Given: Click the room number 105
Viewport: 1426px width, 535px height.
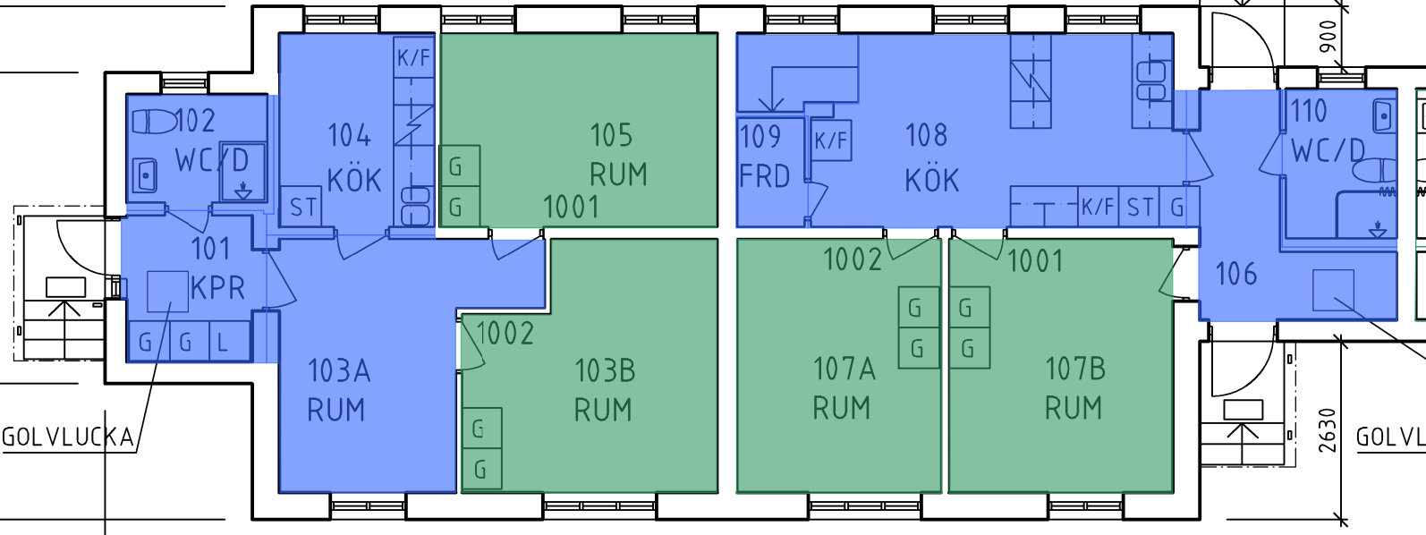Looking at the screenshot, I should pos(611,136).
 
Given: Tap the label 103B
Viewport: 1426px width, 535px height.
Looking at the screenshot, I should pos(604,370).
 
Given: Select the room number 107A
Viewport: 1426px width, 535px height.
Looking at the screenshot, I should pos(843,369).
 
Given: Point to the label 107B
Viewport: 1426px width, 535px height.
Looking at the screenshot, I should pos(1075,369).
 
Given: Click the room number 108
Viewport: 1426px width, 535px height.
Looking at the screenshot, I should pos(926,136).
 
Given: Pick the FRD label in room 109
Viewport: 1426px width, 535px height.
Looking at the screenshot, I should pos(765,176).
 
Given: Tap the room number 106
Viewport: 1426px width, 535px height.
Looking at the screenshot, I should pos(1236,274).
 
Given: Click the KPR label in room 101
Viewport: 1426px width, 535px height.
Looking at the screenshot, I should pos(217,288).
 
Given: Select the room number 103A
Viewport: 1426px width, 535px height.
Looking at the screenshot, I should pos(338,370).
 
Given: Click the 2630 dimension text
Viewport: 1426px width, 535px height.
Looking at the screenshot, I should pos(1328,429).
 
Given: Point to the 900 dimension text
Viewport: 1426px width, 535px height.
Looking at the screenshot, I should pos(1328,36).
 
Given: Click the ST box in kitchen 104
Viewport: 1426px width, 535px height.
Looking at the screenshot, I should pos(302,208).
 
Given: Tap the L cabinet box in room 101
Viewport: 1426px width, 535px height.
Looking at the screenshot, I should pos(223,342).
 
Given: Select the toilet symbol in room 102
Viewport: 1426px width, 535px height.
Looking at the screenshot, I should pos(154,121).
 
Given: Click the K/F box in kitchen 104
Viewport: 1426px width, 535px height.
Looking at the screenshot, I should pos(413,58).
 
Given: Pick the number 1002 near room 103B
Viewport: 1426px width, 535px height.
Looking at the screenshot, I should pos(505,334).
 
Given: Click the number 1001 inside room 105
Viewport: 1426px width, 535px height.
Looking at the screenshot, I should pos(571,208).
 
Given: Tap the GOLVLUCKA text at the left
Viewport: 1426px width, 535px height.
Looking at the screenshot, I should pos(68,437).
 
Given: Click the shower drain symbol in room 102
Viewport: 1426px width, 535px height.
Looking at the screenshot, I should pos(242,191).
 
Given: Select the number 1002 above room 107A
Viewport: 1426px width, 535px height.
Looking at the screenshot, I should pos(853,260).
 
